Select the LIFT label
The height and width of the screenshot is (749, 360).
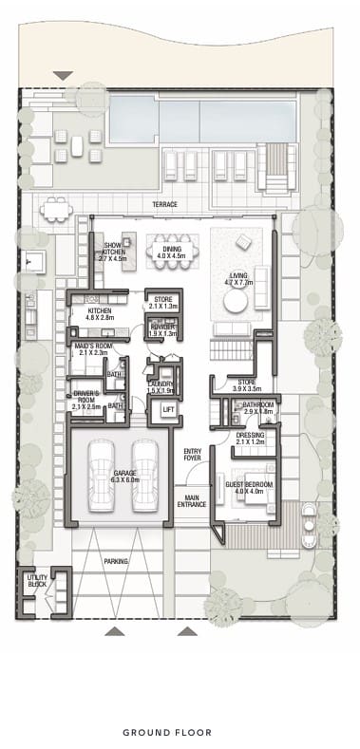pyautogui.click(x=168, y=410)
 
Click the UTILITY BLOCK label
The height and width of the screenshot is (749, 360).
pyautogui.click(x=37, y=579)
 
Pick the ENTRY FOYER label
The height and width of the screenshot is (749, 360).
pyautogui.click(x=193, y=454)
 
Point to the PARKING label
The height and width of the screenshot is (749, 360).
pyautogui.click(x=117, y=561)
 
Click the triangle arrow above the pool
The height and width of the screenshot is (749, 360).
pyautogui.click(x=64, y=75)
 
